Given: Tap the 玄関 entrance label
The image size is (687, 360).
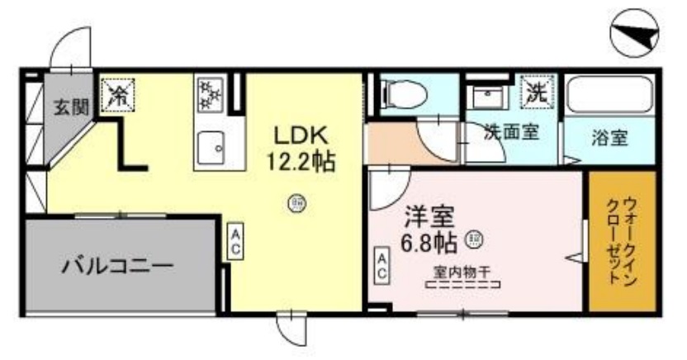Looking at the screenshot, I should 71,107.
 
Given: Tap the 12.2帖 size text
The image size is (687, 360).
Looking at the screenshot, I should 300,162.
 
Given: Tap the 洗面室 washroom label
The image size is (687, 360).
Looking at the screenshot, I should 512,132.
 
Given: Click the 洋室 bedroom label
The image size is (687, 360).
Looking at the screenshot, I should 430,217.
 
